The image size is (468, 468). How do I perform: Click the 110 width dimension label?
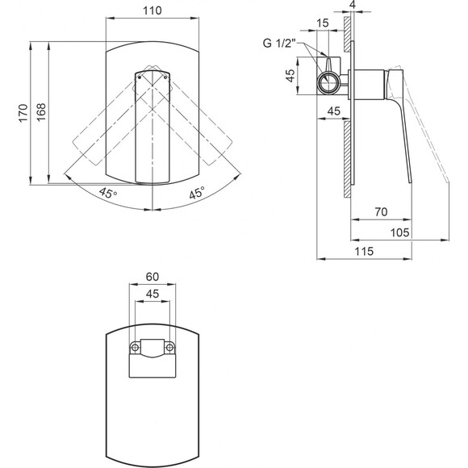pyautogui.click(x=153, y=10)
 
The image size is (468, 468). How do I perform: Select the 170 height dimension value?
pyautogui.click(x=23, y=113)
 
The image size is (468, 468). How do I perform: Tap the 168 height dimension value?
pyautogui.click(x=41, y=112)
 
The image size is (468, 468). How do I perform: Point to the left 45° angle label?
pyautogui.click(x=108, y=193)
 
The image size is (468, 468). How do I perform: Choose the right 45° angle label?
pyautogui.click(x=197, y=193)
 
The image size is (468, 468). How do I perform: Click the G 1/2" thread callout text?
pyautogui.click(x=279, y=44)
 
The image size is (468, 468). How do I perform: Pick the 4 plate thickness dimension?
pyautogui.click(x=353, y=5)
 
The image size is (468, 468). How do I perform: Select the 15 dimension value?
pyautogui.click(x=322, y=23)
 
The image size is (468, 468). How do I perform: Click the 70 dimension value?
pyautogui.click(x=381, y=212)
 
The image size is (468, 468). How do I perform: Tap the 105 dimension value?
pyautogui.click(x=400, y=232)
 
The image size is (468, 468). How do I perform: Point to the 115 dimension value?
pyautogui.click(x=364, y=251)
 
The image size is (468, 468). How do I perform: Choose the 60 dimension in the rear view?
pyautogui.click(x=153, y=277)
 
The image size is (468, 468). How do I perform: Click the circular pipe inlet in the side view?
pyautogui.click(x=328, y=82)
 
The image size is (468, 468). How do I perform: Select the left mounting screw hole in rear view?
pyautogui.click(x=135, y=348)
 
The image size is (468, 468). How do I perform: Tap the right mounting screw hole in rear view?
pyautogui.click(x=169, y=348)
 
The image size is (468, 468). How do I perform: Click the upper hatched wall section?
pyautogui.click(x=347, y=35)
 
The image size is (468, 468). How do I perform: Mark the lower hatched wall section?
pyautogui.click(x=347, y=159)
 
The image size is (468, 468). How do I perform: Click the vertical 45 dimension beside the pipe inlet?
pyautogui.click(x=290, y=76)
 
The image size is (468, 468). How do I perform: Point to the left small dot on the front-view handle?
pyautogui.click(x=140, y=77)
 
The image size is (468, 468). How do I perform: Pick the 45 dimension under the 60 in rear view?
pyautogui.click(x=153, y=294)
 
